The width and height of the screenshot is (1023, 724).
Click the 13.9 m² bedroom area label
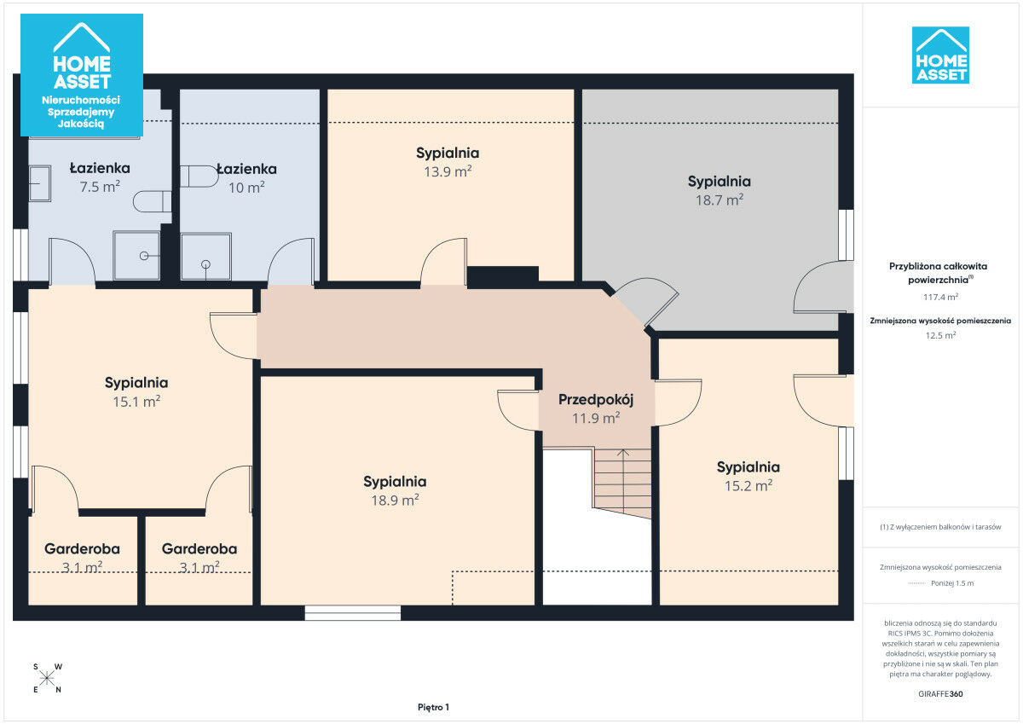448,171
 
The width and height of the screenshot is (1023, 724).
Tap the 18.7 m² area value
720,200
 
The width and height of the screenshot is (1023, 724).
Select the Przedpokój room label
596,400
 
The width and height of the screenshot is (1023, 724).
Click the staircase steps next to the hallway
622,483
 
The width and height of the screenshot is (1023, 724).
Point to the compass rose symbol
47,678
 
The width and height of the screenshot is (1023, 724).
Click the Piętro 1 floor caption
433,707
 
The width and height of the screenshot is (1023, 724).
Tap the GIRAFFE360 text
940,694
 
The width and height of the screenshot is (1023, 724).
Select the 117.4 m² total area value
940,297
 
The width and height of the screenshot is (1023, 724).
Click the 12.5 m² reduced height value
940,335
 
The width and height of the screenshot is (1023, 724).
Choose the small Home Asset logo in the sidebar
940,55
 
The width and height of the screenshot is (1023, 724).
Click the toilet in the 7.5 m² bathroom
152,201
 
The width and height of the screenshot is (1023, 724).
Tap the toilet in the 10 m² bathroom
199,177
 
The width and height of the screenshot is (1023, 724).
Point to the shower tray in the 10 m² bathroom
206,256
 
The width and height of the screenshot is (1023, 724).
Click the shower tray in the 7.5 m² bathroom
136,255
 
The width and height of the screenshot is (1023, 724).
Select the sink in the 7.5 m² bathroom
40,183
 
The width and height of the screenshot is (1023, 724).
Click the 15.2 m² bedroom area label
748,485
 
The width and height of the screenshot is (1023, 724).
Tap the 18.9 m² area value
395,501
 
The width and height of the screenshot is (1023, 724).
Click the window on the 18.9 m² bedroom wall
353,613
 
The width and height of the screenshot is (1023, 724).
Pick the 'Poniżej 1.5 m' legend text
952,583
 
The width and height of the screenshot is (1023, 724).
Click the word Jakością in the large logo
81,124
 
